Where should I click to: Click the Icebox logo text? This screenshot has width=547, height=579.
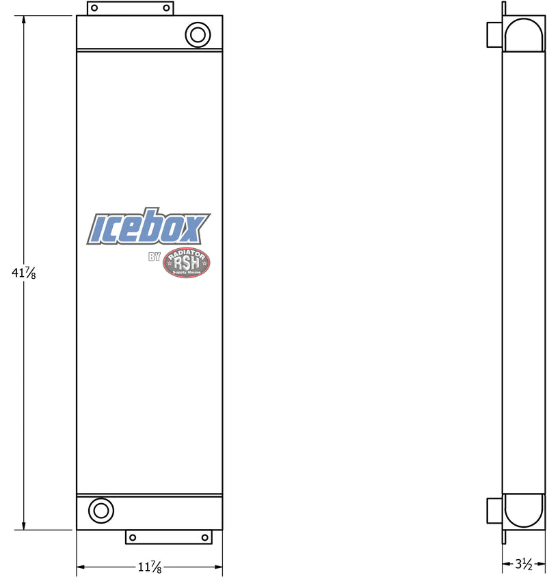pos(148,228)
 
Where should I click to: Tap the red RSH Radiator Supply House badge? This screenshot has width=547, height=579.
pos(187,263)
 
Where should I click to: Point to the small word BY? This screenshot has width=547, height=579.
pos(154,258)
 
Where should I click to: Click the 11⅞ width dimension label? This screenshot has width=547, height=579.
pos(150,567)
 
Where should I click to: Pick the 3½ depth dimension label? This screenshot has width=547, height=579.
pos(524,565)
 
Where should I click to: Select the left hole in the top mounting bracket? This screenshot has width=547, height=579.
pos(94,8)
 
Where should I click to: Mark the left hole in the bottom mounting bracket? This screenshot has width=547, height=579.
pos(133,537)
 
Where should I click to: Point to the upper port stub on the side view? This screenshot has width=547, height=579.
pos(494,34)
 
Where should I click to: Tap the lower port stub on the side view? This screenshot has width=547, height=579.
pos(494,510)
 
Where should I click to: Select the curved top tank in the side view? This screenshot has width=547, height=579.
pos(523,34)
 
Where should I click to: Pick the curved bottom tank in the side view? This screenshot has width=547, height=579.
pos(523,511)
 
